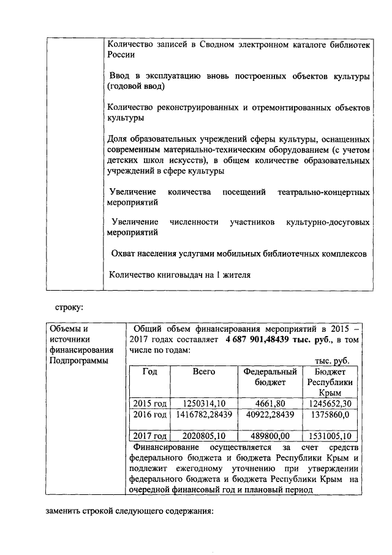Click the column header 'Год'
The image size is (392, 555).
click(x=150, y=372)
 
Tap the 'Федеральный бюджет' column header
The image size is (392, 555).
click(x=270, y=377)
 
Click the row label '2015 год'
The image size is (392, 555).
click(x=150, y=403)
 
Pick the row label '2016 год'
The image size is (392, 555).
click(x=150, y=415)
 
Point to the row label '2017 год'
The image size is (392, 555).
click(x=150, y=437)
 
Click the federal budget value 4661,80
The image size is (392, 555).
click(x=270, y=403)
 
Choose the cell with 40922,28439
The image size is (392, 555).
click(x=270, y=415)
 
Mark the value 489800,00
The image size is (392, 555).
click(x=270, y=437)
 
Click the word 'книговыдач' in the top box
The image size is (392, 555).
click(x=176, y=274)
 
